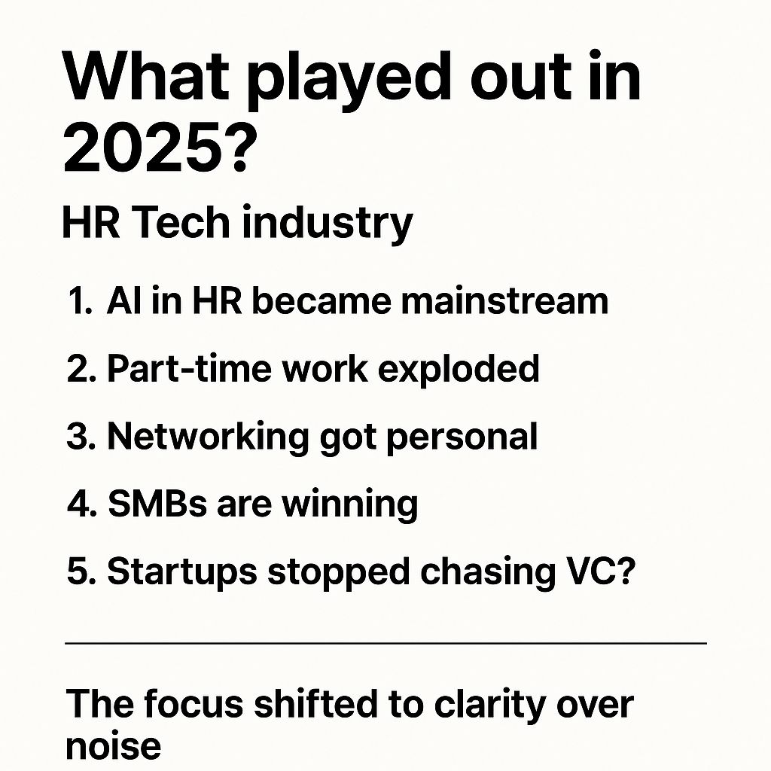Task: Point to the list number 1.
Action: (78, 302)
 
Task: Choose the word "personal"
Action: (462, 437)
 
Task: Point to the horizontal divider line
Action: (385, 644)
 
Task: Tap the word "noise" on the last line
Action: (113, 745)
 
